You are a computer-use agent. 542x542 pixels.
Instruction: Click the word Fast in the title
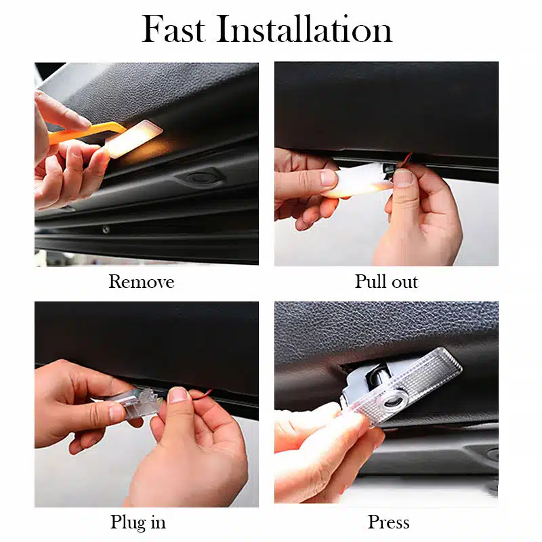[173, 29]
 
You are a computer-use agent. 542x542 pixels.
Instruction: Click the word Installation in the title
[304, 29]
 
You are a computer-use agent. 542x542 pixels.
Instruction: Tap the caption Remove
[142, 281]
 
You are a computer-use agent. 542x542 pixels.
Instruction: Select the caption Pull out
[386, 281]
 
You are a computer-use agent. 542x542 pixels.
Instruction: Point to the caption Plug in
[138, 522]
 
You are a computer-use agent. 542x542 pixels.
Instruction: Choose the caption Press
[388, 522]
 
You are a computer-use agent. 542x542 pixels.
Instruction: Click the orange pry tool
[87, 133]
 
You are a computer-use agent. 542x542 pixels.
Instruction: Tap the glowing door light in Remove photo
[133, 139]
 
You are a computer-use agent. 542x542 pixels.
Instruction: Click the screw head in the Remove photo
[106, 229]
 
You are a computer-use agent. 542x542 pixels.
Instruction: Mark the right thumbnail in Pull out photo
[403, 178]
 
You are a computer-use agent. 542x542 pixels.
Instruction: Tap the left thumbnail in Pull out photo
[328, 178]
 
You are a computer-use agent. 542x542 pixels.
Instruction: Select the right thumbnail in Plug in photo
[178, 395]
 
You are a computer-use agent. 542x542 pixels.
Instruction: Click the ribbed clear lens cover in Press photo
[408, 386]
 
